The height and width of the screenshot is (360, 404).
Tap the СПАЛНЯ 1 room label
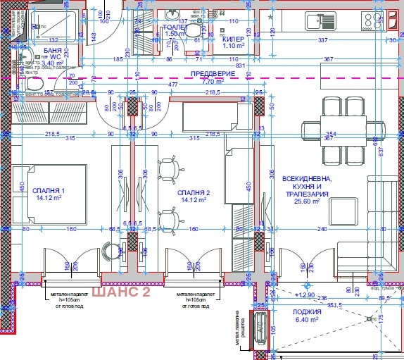click(53, 191)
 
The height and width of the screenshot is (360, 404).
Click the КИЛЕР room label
click(233, 40)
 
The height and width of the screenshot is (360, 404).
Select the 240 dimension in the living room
click(322, 228)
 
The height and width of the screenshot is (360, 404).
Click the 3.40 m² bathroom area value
click(53, 63)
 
